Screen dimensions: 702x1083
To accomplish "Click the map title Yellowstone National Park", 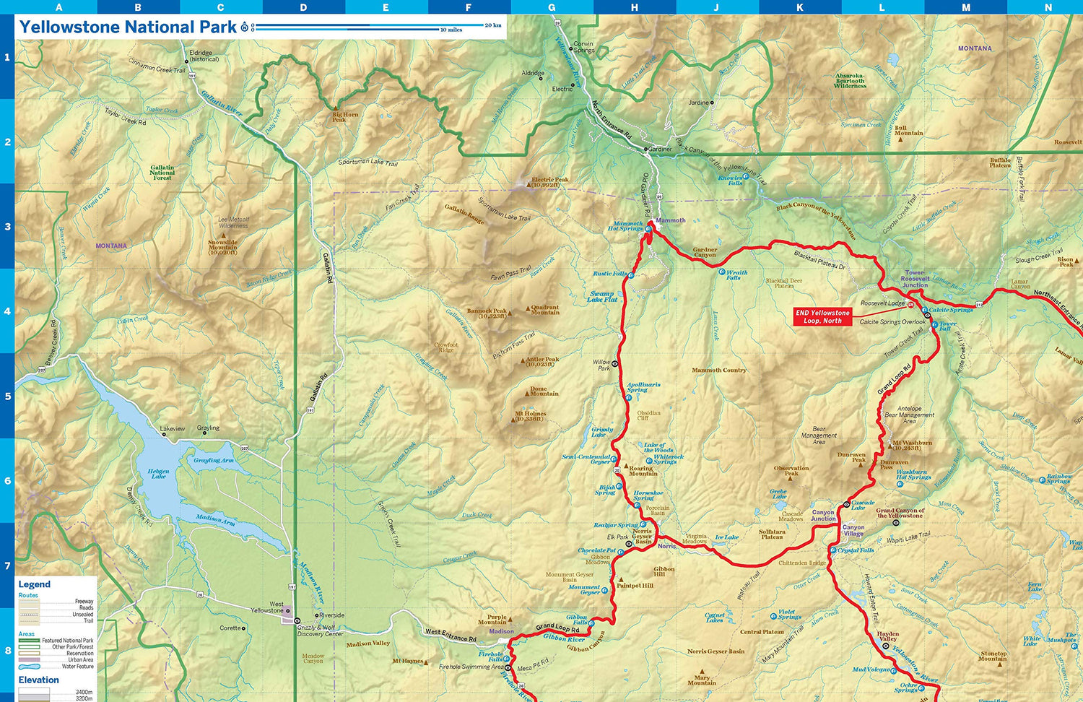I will [128, 27].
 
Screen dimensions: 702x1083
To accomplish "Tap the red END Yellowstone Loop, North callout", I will [822, 317].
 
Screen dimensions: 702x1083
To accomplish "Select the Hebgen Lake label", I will [158, 474].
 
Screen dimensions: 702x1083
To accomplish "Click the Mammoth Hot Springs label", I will [625, 226].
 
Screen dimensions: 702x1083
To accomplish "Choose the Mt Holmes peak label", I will [531, 417].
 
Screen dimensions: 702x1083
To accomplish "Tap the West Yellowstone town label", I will [267, 607].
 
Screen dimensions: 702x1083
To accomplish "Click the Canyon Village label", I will [853, 530].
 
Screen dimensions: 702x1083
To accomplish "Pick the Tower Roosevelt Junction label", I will [915, 279].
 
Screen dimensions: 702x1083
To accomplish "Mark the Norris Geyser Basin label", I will [642, 536].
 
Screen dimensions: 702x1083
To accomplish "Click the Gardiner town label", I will [660, 149].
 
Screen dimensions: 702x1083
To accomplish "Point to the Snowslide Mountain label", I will [222, 247].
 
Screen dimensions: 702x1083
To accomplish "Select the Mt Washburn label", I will [912, 445].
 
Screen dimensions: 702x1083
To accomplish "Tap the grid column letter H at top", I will [634, 7].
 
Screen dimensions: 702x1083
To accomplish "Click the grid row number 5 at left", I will [7, 396].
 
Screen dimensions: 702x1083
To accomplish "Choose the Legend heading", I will [34, 584].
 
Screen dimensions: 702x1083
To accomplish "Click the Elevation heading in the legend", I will [38, 680].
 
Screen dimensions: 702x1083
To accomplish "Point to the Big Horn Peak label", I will [344, 116].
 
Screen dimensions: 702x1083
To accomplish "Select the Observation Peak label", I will [791, 470].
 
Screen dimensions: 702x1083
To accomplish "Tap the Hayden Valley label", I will [887, 636].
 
